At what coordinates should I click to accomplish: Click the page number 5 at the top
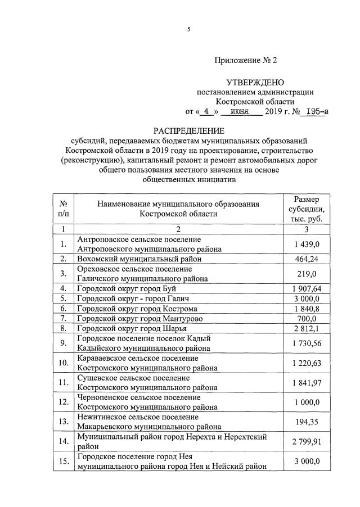188,29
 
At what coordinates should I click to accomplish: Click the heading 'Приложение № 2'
245,60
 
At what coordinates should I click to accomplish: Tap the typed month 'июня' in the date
241,111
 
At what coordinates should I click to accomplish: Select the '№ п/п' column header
64,209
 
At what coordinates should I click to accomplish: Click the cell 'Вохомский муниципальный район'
139,259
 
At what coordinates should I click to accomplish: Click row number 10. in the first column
64,363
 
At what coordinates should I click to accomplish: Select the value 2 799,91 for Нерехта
307,441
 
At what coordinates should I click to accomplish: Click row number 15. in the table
64,461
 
